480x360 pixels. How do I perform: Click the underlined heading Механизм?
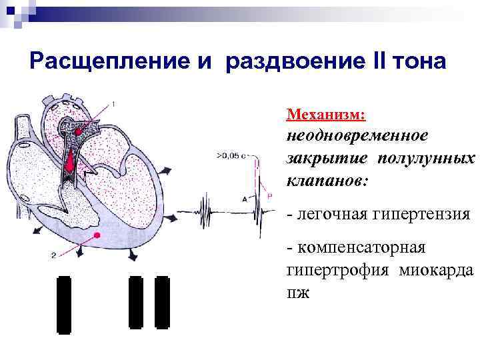[326, 114]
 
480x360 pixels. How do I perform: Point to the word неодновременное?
[357, 135]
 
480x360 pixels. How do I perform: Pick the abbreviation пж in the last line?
[298, 292]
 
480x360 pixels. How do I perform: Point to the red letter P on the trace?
[269, 197]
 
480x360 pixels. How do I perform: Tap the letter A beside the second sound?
[245, 198]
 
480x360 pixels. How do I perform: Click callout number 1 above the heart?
[114, 103]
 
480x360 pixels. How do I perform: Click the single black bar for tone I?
[64, 304]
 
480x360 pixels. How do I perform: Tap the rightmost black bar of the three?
[162, 303]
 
